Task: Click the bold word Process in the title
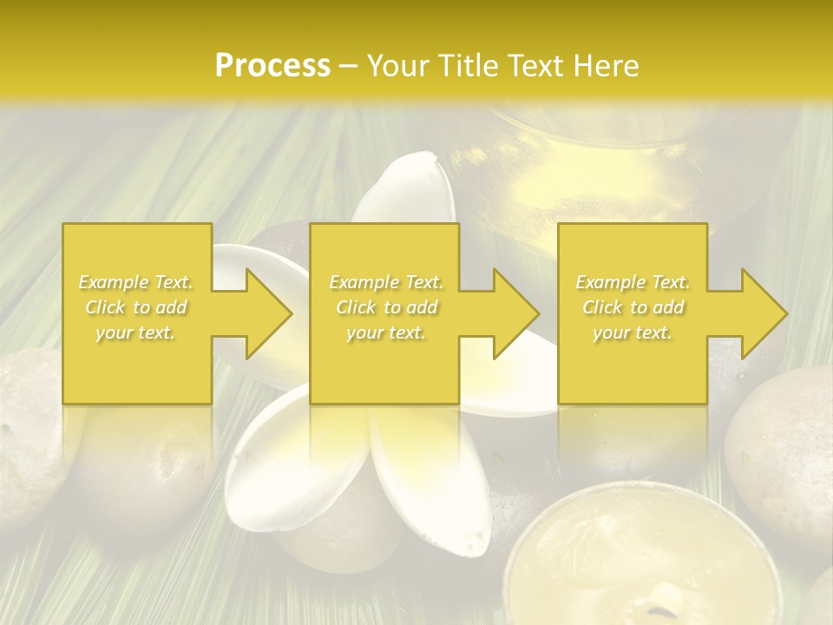pos(272,66)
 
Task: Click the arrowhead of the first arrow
pos(270,313)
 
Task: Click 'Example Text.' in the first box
pos(136,282)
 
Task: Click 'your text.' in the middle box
pos(386,332)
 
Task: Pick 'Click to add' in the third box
pos(633,307)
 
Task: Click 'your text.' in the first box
pos(136,332)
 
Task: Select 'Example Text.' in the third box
pos(633,282)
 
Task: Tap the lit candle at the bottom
pos(641,559)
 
